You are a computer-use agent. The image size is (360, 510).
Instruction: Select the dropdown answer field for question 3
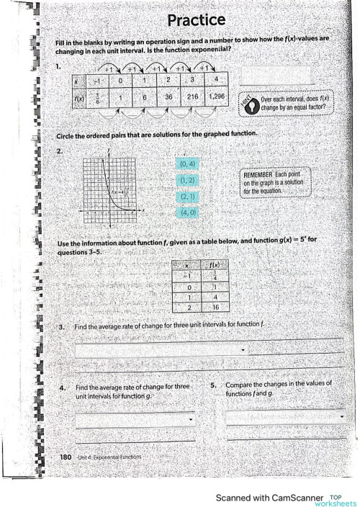click(163, 350)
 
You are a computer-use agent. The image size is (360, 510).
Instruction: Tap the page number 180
click(65, 457)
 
